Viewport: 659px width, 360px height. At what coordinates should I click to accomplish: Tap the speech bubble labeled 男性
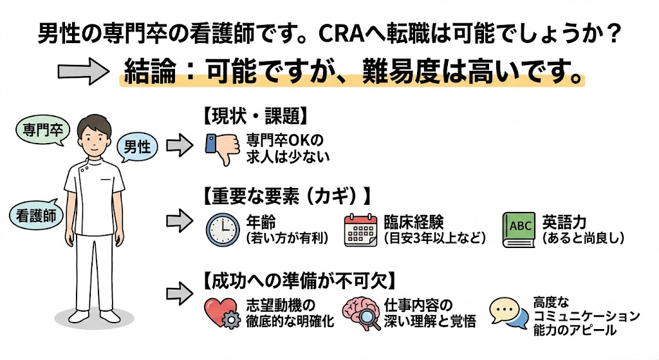pyautogui.click(x=137, y=147)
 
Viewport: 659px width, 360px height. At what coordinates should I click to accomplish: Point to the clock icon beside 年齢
pyautogui.click(x=222, y=229)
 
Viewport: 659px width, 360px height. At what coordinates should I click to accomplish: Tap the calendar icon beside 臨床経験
pyautogui.click(x=361, y=229)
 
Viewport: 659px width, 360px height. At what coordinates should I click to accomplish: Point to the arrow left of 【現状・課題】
pyautogui.click(x=179, y=145)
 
